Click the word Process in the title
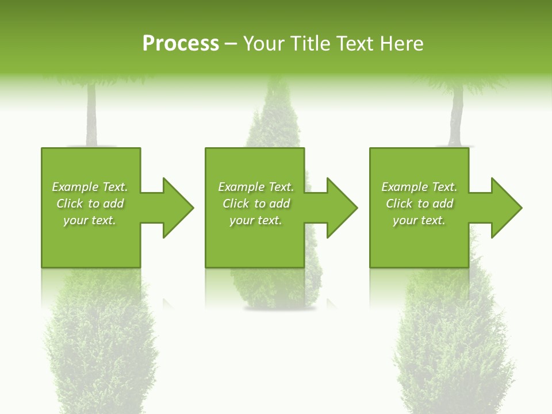[181, 44]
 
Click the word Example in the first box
[75, 187]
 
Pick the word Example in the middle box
[241, 187]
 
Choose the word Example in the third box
[404, 187]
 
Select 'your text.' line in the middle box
[255, 220]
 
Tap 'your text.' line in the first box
[90, 220]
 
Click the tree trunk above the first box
[91, 115]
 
